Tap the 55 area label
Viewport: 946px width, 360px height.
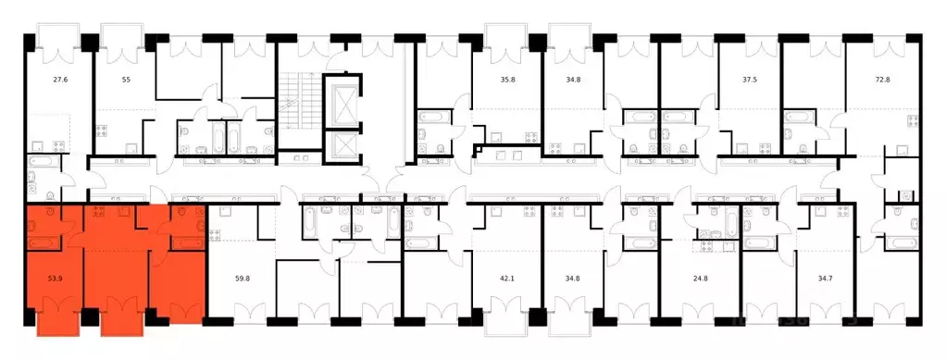126,79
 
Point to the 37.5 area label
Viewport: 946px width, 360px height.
751,79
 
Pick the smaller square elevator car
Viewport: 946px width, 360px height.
342,146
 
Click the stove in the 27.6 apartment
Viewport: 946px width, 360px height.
59,145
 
